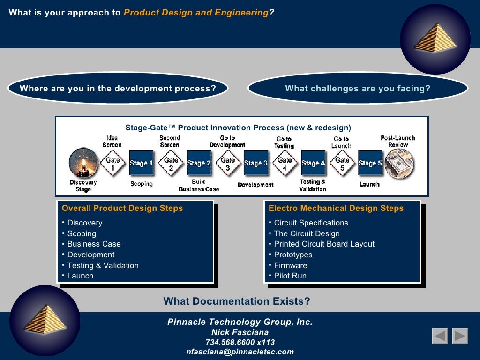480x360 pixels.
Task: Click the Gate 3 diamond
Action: pyautogui.click(x=228, y=163)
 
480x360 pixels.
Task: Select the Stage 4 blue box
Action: pyautogui.click(x=313, y=163)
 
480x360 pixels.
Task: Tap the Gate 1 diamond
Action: pyautogui.click(x=112, y=163)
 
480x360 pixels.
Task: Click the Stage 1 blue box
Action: pyautogui.click(x=141, y=163)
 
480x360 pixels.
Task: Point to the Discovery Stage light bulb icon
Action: pyautogui.click(x=83, y=163)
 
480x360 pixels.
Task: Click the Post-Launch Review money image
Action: pyautogui.click(x=399, y=164)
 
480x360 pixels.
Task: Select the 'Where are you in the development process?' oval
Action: pyautogui.click(x=118, y=89)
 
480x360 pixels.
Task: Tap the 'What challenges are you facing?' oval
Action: pyautogui.click(x=358, y=89)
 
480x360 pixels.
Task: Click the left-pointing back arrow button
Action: pyautogui.click(x=440, y=336)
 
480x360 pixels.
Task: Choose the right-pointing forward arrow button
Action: pyautogui.click(x=460, y=336)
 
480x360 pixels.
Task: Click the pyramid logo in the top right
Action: pyautogui.click(x=435, y=39)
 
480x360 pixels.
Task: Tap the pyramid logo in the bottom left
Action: pyautogui.click(x=45, y=320)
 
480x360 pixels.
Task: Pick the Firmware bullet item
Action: pyautogui.click(x=291, y=265)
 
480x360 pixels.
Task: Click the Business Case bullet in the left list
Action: pyautogui.click(x=94, y=244)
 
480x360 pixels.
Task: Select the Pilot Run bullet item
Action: pyautogui.click(x=290, y=276)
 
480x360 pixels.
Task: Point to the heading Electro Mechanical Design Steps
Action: pyautogui.click(x=336, y=208)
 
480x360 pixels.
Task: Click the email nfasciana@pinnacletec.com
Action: pyautogui.click(x=240, y=352)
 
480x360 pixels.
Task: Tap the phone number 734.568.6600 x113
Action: pyautogui.click(x=240, y=342)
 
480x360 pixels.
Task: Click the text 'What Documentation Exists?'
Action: pyautogui.click(x=237, y=301)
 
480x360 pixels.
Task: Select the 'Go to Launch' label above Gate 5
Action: pyautogui.click(x=341, y=142)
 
